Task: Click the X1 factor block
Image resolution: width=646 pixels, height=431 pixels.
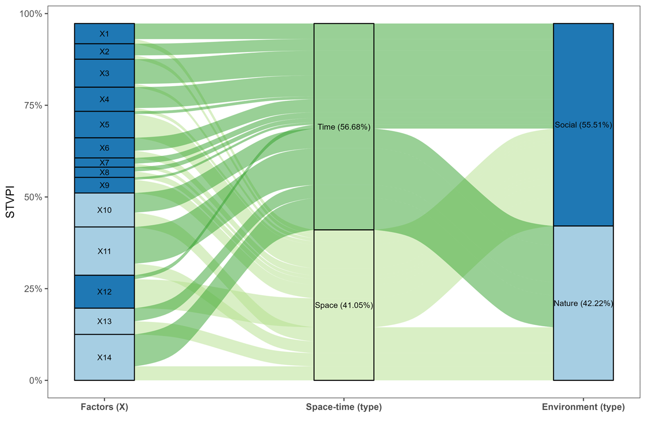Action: click(x=105, y=34)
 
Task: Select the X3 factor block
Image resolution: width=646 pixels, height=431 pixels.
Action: click(x=105, y=73)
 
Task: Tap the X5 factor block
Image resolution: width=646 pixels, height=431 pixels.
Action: click(x=105, y=124)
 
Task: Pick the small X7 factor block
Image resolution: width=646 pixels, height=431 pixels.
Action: click(x=105, y=163)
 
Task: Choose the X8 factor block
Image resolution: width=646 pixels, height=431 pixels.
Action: click(x=105, y=172)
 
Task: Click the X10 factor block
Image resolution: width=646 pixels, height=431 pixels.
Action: click(x=105, y=210)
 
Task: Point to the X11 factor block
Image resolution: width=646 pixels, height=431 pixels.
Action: click(x=105, y=251)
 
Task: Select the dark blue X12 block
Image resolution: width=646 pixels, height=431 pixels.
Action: click(x=105, y=292)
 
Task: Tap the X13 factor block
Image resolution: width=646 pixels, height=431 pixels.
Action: click(x=105, y=321)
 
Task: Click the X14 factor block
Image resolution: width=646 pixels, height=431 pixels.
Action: click(x=105, y=357)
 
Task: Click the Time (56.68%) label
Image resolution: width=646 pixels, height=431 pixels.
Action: click(x=344, y=127)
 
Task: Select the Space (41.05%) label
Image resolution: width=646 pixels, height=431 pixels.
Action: click(x=344, y=305)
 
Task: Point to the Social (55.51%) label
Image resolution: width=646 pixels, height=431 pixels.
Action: click(x=583, y=125)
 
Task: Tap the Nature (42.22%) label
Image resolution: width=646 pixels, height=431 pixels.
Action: click(x=583, y=303)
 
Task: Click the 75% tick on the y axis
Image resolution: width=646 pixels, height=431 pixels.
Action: click(x=33, y=105)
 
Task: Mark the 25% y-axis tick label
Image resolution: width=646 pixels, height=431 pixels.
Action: click(x=33, y=289)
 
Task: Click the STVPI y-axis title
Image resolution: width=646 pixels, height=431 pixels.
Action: click(x=10, y=202)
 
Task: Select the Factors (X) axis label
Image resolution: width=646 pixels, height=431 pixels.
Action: click(x=105, y=407)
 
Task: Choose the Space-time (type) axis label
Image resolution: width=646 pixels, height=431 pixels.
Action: click(x=344, y=407)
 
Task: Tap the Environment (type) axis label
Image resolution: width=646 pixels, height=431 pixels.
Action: click(x=583, y=407)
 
